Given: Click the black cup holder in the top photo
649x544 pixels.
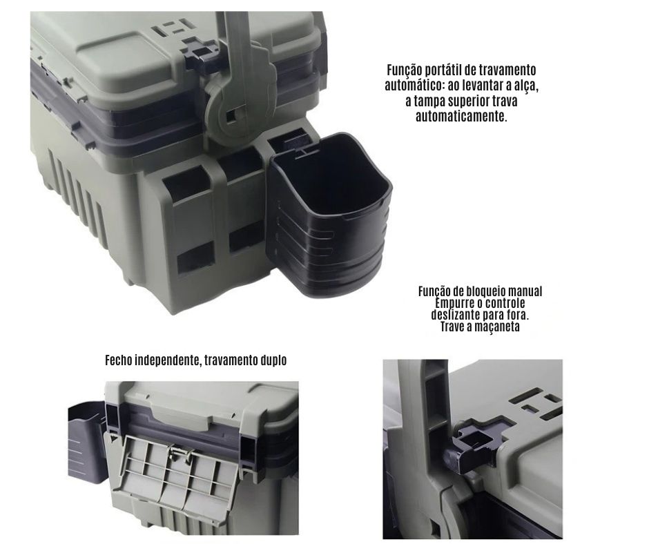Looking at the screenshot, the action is pos(329,215).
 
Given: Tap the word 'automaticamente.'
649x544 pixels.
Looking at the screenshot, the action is pos(461,117).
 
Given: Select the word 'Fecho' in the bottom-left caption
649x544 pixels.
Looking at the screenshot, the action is pos(118,360).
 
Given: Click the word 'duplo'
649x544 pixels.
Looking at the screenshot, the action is pos(273,360).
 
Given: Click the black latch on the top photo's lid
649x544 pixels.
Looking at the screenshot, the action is pos(202,52).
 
